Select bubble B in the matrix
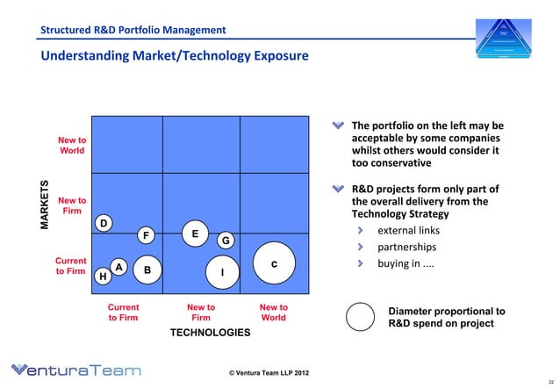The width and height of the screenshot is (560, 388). (147, 269)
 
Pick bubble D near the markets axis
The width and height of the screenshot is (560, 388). (104, 224)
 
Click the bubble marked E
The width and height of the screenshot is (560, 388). (194, 234)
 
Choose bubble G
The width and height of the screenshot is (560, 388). (225, 241)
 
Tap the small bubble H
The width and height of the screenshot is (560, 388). (103, 277)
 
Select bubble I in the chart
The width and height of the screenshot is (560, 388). (223, 272)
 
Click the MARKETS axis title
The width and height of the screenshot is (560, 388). (47, 206)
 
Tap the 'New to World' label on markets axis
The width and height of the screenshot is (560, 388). (71, 146)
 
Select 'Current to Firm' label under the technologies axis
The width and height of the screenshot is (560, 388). (123, 313)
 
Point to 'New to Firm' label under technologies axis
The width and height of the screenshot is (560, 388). (200, 313)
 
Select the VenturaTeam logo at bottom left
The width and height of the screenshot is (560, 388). (75, 370)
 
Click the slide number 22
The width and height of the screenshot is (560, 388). (549, 380)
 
